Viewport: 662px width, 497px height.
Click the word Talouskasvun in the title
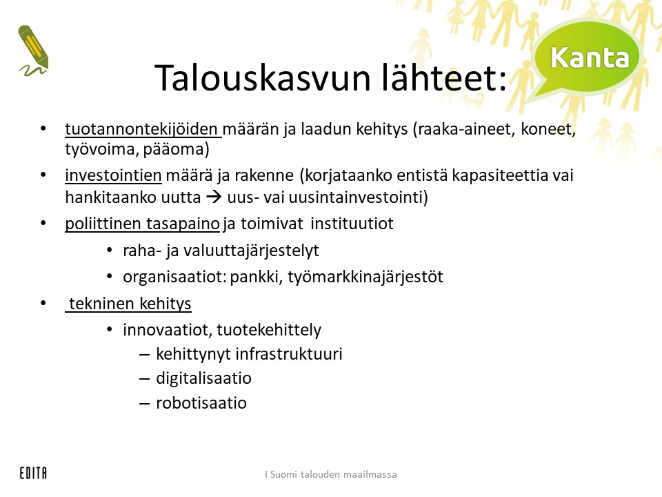(263, 78)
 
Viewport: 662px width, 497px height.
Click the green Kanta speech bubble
(586, 59)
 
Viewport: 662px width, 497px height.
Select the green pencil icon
(33, 50)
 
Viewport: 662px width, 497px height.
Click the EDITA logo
(33, 473)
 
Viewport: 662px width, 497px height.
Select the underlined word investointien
(113, 175)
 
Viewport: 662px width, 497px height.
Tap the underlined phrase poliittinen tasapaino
(142, 224)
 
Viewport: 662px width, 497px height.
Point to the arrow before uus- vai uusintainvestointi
(214, 197)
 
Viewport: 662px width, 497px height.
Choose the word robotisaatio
(201, 402)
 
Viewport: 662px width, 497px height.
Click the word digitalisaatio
(204, 378)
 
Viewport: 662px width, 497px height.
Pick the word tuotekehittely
(269, 330)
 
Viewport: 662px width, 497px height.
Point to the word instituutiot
(352, 224)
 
